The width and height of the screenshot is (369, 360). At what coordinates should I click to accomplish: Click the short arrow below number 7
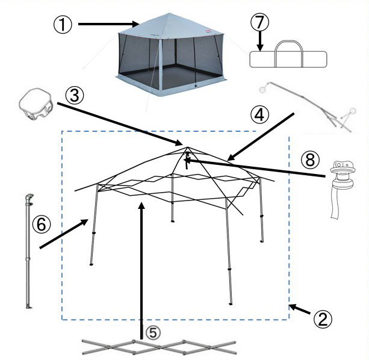pyautogui.click(x=260, y=41)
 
